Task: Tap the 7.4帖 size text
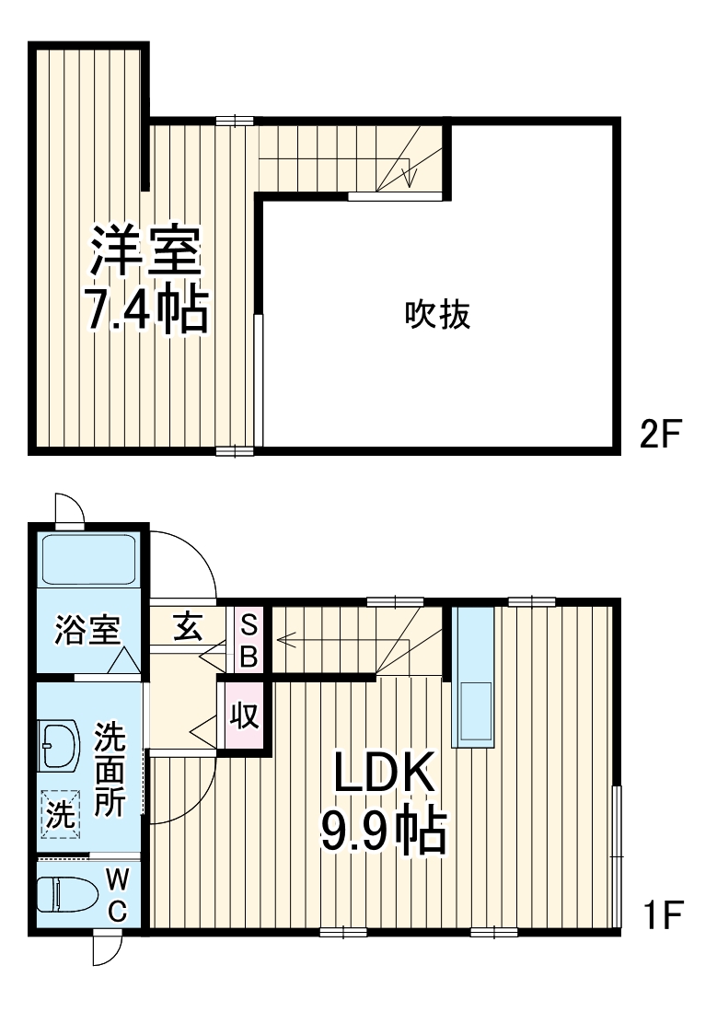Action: coord(145,311)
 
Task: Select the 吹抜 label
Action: coord(438,315)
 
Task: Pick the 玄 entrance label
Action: coord(188,629)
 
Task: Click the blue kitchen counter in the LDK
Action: coord(475,676)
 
